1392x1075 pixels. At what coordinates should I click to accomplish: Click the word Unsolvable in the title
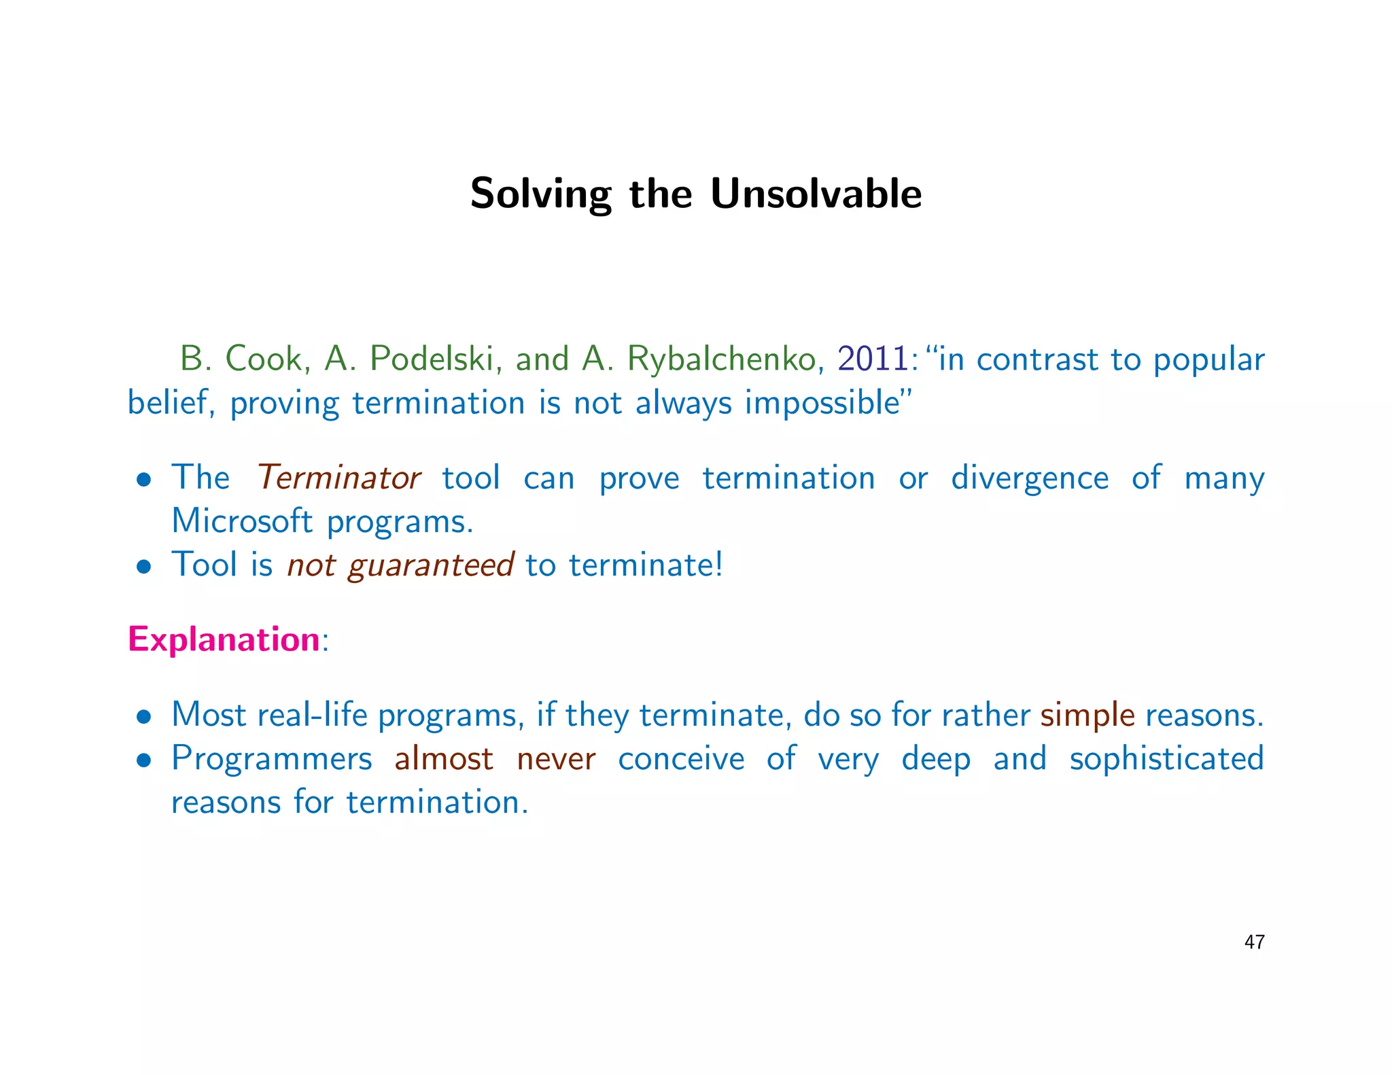816,194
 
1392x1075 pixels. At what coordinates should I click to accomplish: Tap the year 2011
872,359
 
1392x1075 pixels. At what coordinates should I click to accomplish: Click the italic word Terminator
338,478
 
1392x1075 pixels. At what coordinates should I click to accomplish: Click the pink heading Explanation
224,639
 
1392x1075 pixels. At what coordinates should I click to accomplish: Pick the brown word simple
1087,716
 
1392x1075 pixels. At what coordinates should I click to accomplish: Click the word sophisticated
1166,759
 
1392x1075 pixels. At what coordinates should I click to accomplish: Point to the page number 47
1254,942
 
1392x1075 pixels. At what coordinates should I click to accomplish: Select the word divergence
1029,478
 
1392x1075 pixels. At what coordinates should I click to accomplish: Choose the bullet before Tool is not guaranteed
143,567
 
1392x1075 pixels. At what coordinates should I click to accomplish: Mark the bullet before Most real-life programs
143,717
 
